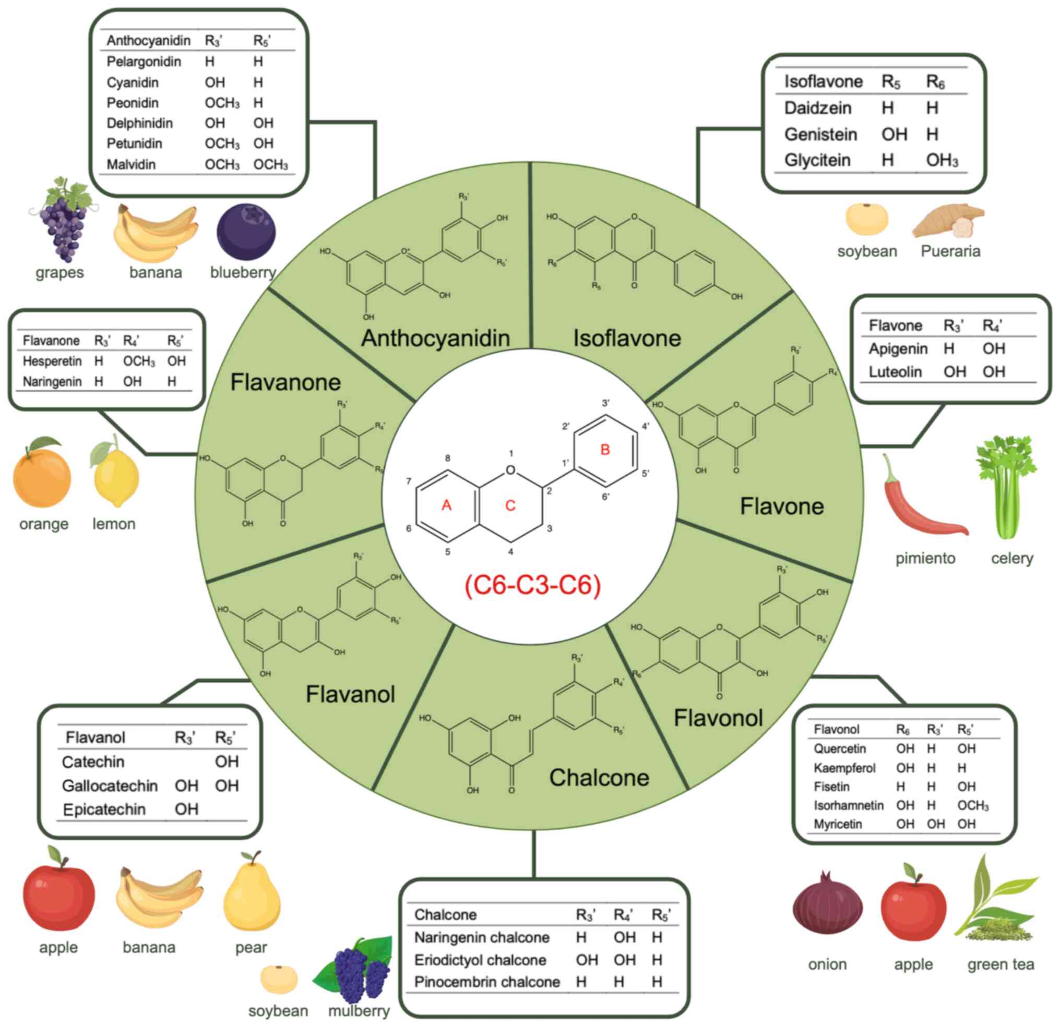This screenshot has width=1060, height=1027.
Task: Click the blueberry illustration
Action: pos(246,232)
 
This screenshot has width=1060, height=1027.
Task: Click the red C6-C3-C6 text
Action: pos(533,585)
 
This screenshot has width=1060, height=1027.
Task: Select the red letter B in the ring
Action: pos(605,450)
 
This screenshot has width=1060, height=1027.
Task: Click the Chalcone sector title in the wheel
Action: pos(599,778)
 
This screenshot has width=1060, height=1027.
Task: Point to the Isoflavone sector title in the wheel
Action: pos(627,339)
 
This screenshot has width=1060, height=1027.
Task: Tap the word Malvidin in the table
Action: pos(132,164)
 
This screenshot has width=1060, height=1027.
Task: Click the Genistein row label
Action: pos(820,134)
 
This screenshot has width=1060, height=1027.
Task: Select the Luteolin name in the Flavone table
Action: pos(895,372)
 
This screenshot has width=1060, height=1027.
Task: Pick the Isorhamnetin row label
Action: pos(848,805)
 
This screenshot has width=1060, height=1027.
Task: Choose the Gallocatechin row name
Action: pos(110,786)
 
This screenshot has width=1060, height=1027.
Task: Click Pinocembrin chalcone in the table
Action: pos(487,982)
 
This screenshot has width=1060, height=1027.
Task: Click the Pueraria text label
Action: pos(950,251)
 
